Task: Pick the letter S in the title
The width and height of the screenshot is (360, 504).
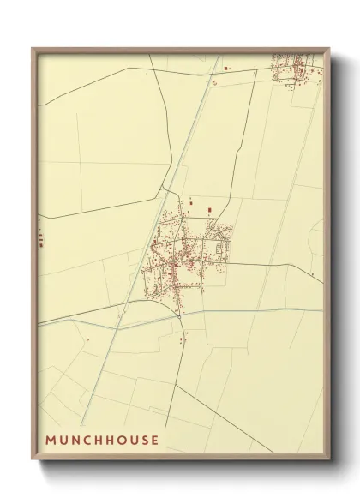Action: (145, 441)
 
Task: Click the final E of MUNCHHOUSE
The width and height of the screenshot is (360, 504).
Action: (155, 441)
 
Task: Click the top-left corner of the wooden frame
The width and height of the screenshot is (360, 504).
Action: (33, 48)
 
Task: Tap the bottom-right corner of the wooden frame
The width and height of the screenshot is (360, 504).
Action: (333, 463)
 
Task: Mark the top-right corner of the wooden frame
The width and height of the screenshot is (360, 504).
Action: (333, 48)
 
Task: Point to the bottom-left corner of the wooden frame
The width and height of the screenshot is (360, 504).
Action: (33, 463)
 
